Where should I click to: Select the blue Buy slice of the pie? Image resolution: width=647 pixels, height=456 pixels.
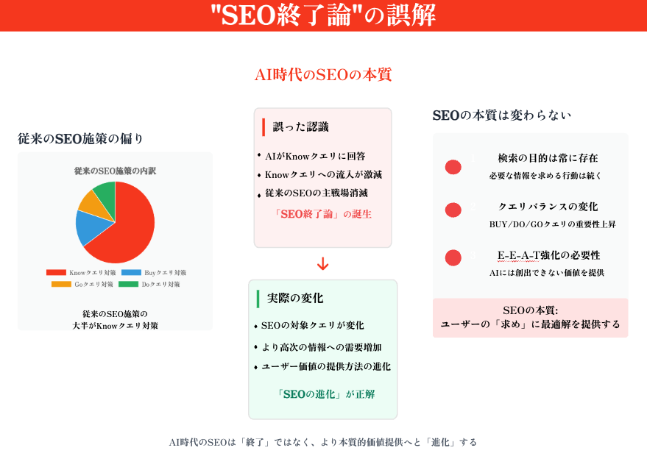click(x=90, y=227)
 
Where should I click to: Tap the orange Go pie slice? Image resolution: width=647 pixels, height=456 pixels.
click(x=97, y=204)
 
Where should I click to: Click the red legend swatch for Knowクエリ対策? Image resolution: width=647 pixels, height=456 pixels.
click(x=56, y=273)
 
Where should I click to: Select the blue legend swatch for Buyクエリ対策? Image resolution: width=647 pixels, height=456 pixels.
click(x=131, y=273)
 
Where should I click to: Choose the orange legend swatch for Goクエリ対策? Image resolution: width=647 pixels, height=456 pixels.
click(x=62, y=284)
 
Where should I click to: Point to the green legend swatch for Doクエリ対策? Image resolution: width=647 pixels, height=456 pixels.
click(x=128, y=284)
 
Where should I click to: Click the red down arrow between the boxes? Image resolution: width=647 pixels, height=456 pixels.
click(x=322, y=264)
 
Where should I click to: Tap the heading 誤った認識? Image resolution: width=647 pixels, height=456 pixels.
click(x=301, y=127)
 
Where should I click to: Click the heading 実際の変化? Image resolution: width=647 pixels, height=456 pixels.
click(x=295, y=298)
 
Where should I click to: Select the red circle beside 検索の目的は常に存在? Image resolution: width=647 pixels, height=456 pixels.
click(x=453, y=168)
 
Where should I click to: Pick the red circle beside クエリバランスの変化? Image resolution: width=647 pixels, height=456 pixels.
click(x=453, y=210)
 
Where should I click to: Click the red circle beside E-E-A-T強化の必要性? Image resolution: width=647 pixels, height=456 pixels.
click(x=453, y=257)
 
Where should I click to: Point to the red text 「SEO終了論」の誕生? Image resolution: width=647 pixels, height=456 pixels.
click(x=322, y=214)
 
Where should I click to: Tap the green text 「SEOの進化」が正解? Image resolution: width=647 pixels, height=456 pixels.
click(x=326, y=394)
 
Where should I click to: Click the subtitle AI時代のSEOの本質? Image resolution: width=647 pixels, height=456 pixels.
click(x=323, y=74)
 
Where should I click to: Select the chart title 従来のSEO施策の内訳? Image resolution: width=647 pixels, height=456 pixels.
click(x=115, y=171)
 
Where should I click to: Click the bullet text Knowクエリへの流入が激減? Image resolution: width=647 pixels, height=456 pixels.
click(x=324, y=175)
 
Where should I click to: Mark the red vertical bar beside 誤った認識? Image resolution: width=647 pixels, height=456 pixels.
click(x=264, y=127)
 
